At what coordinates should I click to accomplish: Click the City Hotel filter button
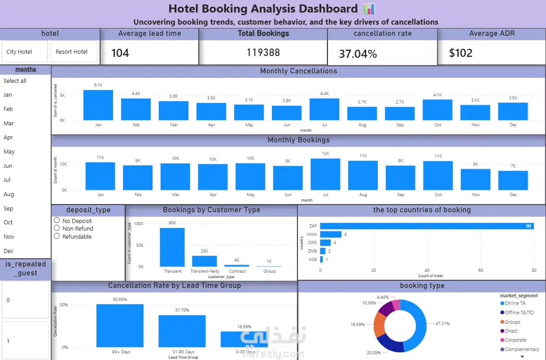pyautogui.click(x=25, y=51)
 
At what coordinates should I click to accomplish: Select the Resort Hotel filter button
pyautogui.click(x=74, y=51)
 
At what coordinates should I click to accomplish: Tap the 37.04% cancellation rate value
pyautogui.click(x=358, y=54)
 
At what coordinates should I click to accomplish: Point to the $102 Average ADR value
pyautogui.click(x=461, y=53)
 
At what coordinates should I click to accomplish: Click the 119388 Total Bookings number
pyautogui.click(x=263, y=52)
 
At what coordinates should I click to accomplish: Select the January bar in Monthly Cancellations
pyautogui.click(x=98, y=105)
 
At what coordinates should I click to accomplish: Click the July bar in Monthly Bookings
pyautogui.click(x=325, y=174)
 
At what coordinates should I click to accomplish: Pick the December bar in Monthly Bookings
pyautogui.click(x=513, y=180)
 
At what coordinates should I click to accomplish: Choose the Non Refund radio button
pyautogui.click(x=57, y=228)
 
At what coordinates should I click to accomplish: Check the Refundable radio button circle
pyautogui.click(x=57, y=236)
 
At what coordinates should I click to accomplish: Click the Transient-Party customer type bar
pyautogui.click(x=205, y=261)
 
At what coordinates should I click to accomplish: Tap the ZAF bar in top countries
pyautogui.click(x=427, y=226)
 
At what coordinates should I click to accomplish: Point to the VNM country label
pyautogui.click(x=312, y=235)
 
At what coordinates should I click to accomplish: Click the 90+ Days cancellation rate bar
pyautogui.click(x=120, y=326)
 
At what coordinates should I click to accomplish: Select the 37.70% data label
pyautogui.click(x=182, y=310)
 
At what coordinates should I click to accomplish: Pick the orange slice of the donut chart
pyautogui.click(x=379, y=325)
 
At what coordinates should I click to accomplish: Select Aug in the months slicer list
pyautogui.click(x=9, y=194)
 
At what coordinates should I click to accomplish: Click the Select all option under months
pyautogui.click(x=15, y=81)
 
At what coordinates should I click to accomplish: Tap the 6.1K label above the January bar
pyautogui.click(x=98, y=85)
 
